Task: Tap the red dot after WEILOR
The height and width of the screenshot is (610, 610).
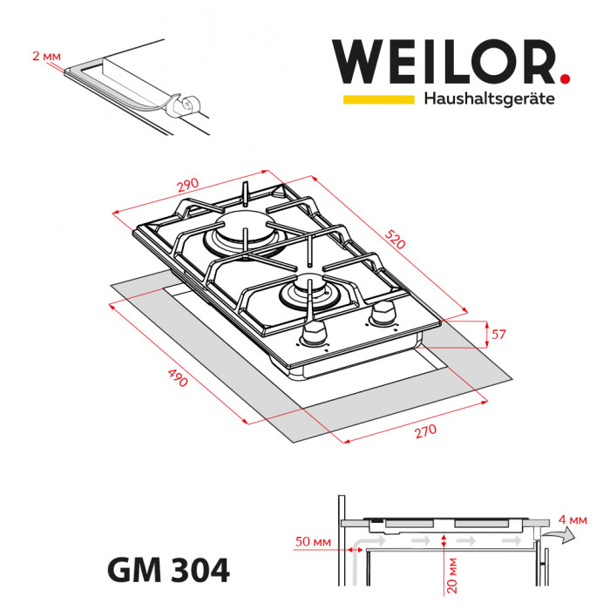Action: pos(565,79)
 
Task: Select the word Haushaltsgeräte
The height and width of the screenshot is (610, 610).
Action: pos(489,99)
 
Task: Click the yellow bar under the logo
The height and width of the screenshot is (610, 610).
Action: pos(378,99)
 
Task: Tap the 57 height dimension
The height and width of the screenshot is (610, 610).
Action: pos(498,334)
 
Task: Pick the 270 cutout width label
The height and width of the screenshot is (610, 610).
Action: pos(424,433)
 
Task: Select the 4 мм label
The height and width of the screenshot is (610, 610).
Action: pos(575,520)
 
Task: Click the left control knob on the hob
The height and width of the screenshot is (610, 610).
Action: pos(314,333)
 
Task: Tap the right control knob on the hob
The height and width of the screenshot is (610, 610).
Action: pos(381,312)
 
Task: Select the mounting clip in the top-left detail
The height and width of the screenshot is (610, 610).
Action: pos(186,106)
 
